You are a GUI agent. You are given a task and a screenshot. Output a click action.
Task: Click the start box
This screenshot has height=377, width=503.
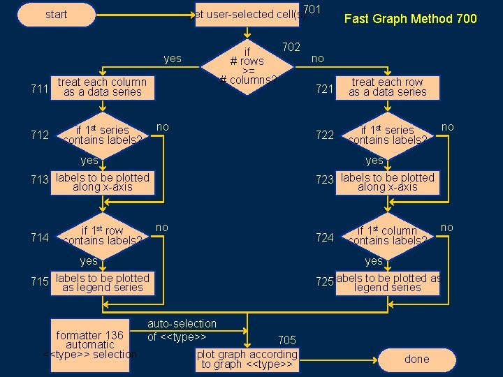56,15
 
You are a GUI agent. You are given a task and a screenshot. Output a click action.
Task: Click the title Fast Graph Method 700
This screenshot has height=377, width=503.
410,19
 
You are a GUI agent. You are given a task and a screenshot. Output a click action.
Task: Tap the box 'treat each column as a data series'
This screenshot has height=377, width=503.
102,87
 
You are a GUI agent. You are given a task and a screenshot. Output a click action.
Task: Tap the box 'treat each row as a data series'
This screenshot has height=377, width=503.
388,87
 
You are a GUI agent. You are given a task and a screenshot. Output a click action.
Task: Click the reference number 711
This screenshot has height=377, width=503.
39,89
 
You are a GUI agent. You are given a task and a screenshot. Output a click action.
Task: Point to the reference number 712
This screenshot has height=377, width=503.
39,135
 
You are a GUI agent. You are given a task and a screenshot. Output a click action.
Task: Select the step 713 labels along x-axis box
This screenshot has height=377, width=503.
102,183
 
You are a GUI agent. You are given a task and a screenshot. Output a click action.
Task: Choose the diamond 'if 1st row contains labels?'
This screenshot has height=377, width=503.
102,235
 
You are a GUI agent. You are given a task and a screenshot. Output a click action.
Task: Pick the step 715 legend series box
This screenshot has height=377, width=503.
102,283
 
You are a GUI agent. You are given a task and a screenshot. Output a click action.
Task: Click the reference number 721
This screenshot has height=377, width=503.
324,89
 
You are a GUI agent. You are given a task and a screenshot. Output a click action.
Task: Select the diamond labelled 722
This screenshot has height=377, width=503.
388,135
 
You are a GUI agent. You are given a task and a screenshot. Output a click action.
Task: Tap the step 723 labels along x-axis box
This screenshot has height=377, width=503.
388,183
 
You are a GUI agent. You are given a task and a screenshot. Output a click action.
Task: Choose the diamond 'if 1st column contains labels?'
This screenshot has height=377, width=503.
388,235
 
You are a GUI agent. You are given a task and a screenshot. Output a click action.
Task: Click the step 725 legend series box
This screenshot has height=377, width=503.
388,283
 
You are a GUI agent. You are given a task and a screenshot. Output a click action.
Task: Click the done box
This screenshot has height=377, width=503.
417,359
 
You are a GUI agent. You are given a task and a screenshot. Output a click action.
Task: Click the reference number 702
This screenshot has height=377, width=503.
291,47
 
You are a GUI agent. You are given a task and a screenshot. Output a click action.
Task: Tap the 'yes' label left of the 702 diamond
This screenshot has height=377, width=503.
172,59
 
